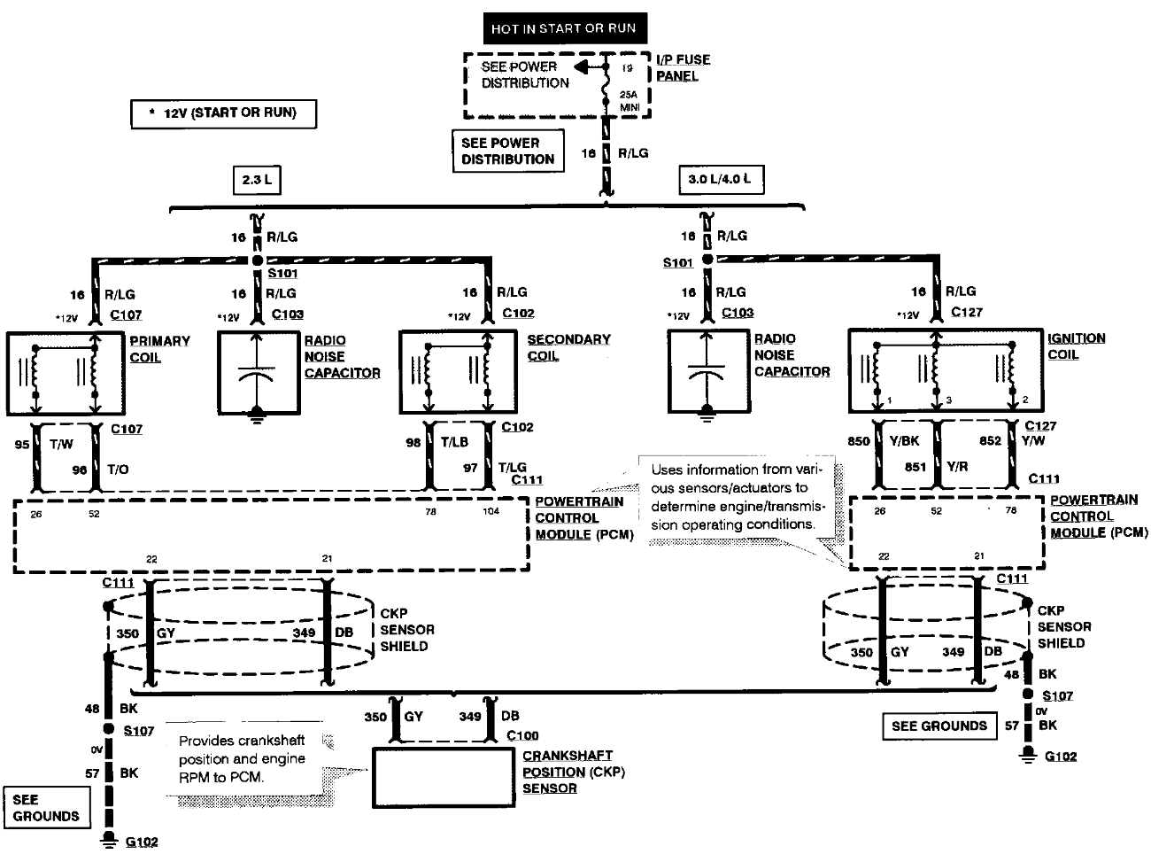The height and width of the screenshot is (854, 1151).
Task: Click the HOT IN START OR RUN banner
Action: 564,28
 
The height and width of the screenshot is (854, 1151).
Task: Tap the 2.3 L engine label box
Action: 256,180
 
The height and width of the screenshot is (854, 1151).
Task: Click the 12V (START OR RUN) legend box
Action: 223,113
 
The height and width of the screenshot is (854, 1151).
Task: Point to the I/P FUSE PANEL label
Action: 683,67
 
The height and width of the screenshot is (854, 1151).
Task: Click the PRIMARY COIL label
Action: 159,348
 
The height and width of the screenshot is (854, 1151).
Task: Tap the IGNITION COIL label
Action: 1076,345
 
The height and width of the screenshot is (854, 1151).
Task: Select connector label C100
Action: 522,735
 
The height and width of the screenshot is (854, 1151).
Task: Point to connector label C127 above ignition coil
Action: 967,312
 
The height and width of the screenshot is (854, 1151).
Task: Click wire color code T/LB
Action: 454,441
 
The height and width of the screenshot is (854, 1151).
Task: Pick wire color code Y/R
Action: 956,467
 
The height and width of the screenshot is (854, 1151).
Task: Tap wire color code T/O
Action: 118,470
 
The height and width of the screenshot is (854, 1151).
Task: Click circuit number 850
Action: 858,440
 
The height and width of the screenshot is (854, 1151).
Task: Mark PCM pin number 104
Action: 490,512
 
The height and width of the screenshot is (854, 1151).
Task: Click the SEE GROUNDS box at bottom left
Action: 46,807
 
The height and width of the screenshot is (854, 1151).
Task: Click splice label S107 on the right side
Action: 1057,695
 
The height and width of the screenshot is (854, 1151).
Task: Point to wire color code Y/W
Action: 1032,440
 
